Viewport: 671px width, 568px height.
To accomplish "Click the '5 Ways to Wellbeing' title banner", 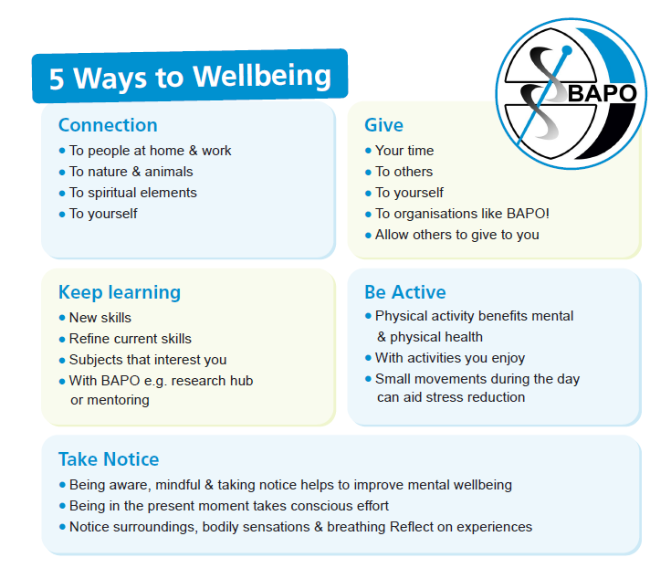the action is pos(190,76).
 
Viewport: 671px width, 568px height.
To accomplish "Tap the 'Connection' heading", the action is pos(108,125).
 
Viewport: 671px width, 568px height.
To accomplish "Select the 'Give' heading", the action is pos(383,125).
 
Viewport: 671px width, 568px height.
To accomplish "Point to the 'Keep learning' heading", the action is pos(120,293).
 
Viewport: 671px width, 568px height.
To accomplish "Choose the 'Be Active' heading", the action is pos(404,292).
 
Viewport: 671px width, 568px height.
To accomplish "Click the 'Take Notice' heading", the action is pos(109,459).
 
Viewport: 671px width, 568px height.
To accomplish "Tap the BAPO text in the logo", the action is pos(602,93).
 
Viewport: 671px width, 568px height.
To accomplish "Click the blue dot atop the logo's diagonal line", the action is pos(566,51).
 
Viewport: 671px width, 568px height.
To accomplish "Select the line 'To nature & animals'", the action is pos(131,172).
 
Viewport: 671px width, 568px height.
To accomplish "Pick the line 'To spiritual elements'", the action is pos(133,193).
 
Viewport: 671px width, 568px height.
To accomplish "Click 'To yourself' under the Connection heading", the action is pos(103,214).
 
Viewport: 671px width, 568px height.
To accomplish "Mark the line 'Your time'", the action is pos(404,151).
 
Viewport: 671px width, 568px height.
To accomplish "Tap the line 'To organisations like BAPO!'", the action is pos(462,214).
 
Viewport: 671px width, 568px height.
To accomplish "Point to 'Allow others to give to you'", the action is pos(457,235).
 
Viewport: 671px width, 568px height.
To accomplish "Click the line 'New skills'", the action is pos(100,318).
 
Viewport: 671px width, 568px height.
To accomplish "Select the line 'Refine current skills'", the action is pos(130,339).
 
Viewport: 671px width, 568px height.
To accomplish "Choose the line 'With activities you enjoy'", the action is pos(450,358).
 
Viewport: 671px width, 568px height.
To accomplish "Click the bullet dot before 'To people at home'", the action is pos(62,151).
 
